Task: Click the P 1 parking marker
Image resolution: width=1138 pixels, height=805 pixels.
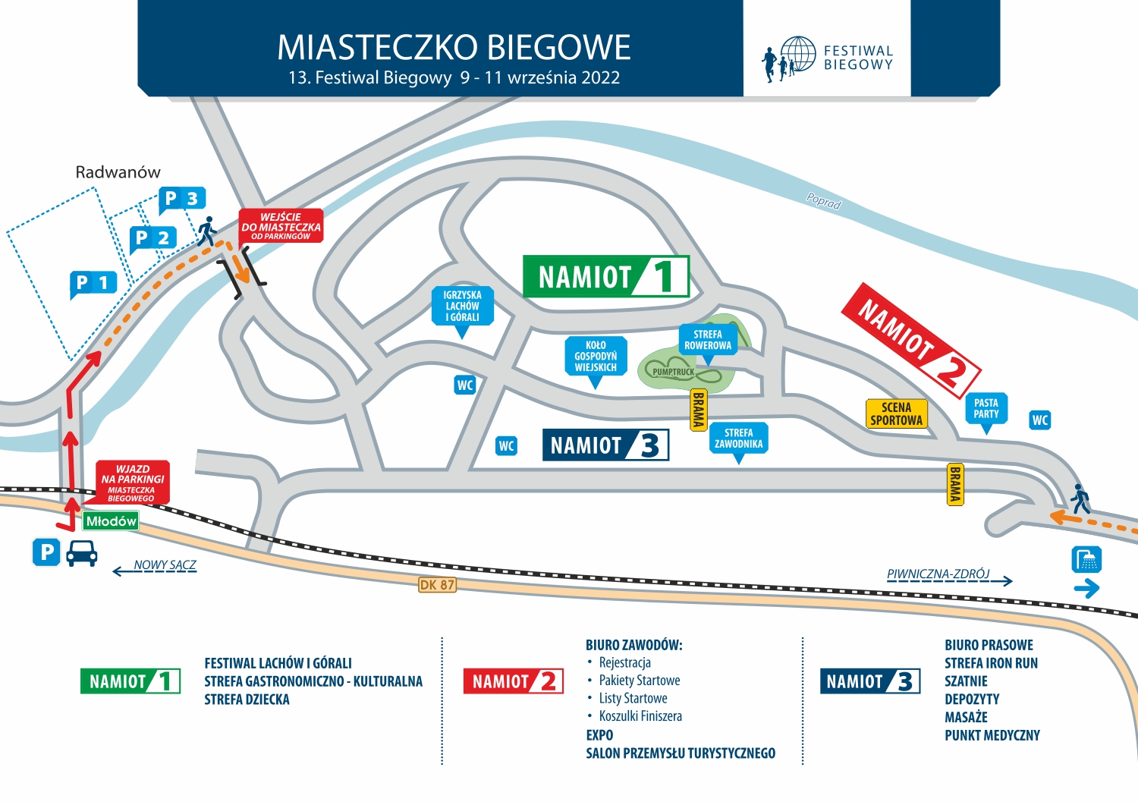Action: point(93,283)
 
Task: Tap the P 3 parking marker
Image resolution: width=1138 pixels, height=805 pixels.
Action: point(181,199)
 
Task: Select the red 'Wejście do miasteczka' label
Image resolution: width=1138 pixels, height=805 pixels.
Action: point(281,225)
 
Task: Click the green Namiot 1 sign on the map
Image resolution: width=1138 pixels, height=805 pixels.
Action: point(605,276)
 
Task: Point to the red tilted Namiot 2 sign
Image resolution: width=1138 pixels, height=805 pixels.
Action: point(910,339)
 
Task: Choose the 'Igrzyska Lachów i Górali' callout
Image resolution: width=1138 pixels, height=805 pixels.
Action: point(462,306)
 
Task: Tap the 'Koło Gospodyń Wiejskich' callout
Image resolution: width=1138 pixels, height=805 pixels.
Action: point(596,356)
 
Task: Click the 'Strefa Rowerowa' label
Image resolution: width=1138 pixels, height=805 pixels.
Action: point(708,339)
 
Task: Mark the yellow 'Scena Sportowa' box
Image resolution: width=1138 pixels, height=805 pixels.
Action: point(896,414)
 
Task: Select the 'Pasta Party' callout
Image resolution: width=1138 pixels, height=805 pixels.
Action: point(986,408)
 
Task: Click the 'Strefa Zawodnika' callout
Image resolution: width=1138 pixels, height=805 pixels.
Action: point(738,439)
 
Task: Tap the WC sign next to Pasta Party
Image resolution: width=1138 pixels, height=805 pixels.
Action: point(1040,420)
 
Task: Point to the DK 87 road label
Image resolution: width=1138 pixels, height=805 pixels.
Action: point(437,585)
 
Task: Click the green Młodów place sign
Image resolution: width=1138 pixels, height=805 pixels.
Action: point(111,520)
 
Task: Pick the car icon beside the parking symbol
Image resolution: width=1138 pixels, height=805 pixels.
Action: point(82,553)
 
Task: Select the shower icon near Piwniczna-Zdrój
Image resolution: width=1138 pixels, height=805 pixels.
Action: point(1086,560)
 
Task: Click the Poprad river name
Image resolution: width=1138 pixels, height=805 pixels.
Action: point(823,202)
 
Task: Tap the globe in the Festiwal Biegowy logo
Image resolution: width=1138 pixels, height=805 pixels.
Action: point(798,55)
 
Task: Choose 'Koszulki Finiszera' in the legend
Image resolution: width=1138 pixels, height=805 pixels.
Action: point(640,716)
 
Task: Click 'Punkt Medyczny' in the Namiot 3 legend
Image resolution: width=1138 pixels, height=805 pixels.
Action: point(992,735)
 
